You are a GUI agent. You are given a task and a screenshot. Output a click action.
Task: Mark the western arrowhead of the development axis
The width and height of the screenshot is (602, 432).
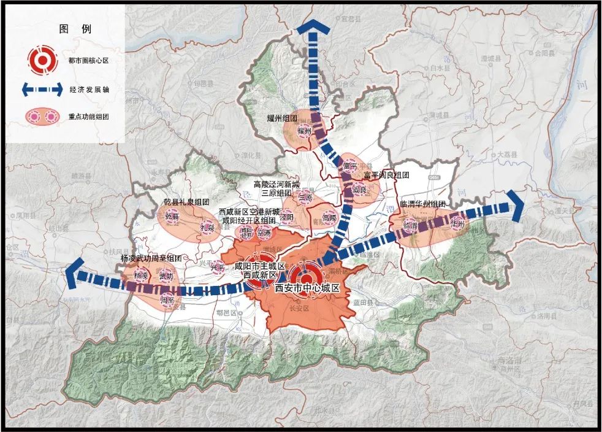(76, 273)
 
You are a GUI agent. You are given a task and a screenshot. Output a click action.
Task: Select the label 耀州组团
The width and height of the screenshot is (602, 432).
(282, 118)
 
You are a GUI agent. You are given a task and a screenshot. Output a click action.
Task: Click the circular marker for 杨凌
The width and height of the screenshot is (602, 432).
(142, 276)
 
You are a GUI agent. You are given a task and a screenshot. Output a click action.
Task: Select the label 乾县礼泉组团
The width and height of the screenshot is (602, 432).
(186, 201)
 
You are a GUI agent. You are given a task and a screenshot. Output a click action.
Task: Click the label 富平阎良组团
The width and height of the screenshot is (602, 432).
(386, 175)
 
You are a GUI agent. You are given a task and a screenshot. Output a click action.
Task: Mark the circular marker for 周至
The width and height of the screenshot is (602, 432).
(167, 300)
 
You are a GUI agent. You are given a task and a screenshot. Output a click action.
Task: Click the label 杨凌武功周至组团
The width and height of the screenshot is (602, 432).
(151, 258)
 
